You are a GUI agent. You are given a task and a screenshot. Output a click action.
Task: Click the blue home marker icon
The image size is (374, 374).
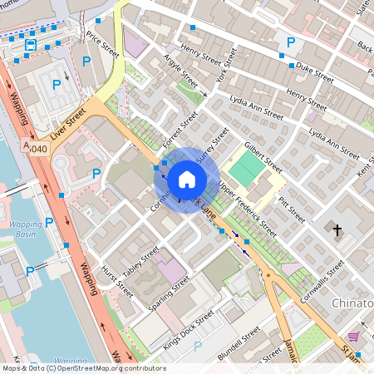187,179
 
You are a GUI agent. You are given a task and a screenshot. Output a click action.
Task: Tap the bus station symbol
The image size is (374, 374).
31,44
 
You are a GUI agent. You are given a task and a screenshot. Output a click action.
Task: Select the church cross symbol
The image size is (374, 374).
337,229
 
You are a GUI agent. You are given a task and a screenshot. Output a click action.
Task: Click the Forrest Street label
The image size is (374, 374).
179,129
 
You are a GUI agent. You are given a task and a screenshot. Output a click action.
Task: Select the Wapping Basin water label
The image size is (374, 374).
26,229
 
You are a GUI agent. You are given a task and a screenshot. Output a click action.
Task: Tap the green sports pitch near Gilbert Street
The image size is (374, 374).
246,167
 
